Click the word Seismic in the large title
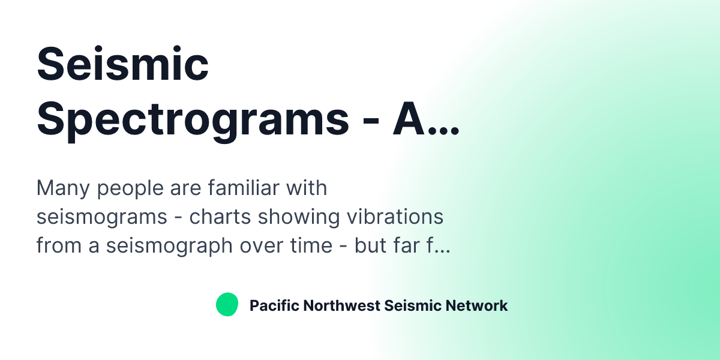click(x=122, y=65)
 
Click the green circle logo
click(x=227, y=305)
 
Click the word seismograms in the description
click(x=101, y=218)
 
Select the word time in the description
click(x=307, y=245)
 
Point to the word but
click(x=370, y=245)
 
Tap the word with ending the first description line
click(x=307, y=188)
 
